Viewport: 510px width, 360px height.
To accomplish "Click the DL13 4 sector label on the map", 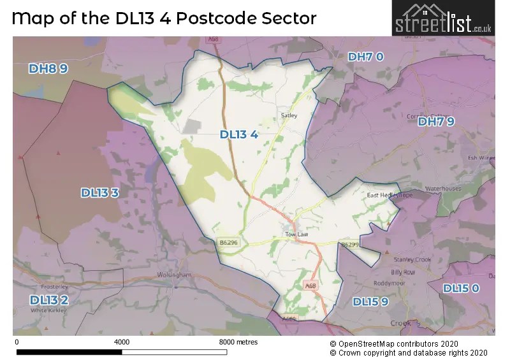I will (239, 134).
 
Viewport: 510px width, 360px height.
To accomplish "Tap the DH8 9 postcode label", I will (48, 69).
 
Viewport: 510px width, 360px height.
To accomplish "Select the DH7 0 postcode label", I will (366, 57).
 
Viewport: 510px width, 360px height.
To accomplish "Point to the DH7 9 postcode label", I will (436, 122).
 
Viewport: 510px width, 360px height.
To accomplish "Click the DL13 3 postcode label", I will (99, 192).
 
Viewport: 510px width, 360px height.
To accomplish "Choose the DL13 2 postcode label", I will (48, 299).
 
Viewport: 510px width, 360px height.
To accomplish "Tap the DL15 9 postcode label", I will (370, 301).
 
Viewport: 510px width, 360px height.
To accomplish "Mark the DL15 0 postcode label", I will (461, 289).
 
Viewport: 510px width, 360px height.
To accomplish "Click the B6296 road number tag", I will (228, 242).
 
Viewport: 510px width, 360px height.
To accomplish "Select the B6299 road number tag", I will (350, 244).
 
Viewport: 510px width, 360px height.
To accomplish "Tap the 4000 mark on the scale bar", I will (121, 342).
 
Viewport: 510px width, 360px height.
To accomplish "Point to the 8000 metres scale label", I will (238, 342).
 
